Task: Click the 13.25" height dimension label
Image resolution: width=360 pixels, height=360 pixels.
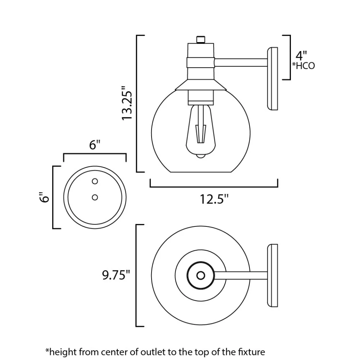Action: (x=127, y=103)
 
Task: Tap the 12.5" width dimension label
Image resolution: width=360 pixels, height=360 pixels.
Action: (x=214, y=199)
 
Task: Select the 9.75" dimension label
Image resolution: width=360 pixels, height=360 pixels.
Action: (x=116, y=275)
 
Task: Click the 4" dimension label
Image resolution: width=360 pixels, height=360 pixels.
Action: (x=301, y=56)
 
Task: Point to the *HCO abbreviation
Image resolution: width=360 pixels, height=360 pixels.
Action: (x=303, y=66)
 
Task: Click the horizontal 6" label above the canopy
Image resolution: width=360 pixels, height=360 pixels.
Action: (x=95, y=145)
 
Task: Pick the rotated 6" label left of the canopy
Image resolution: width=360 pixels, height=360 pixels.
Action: (x=44, y=197)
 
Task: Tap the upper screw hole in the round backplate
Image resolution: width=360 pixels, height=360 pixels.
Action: (x=95, y=181)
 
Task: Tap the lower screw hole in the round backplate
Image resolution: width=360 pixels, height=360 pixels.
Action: (x=95, y=197)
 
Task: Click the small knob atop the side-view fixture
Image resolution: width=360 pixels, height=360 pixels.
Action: (x=201, y=40)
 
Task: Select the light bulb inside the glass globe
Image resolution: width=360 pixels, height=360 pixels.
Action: (x=201, y=131)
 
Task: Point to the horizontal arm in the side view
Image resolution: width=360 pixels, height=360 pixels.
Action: (x=241, y=63)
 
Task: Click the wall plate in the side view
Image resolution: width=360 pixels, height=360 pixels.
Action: (x=273, y=78)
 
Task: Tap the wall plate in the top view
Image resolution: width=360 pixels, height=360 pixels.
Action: (x=273, y=275)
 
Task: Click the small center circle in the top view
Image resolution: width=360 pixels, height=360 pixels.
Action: (x=201, y=275)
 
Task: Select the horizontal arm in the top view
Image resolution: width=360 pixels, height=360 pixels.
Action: (x=241, y=275)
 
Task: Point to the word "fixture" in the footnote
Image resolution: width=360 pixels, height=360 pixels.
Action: (x=253, y=351)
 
